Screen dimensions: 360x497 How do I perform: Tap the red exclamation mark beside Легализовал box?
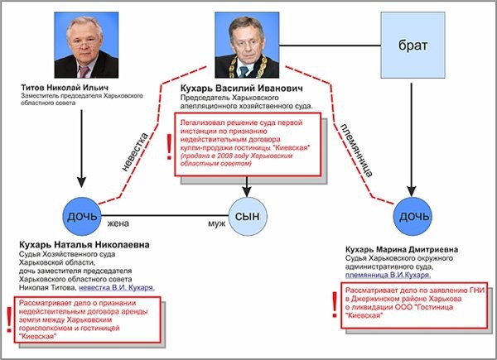point(169,143)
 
